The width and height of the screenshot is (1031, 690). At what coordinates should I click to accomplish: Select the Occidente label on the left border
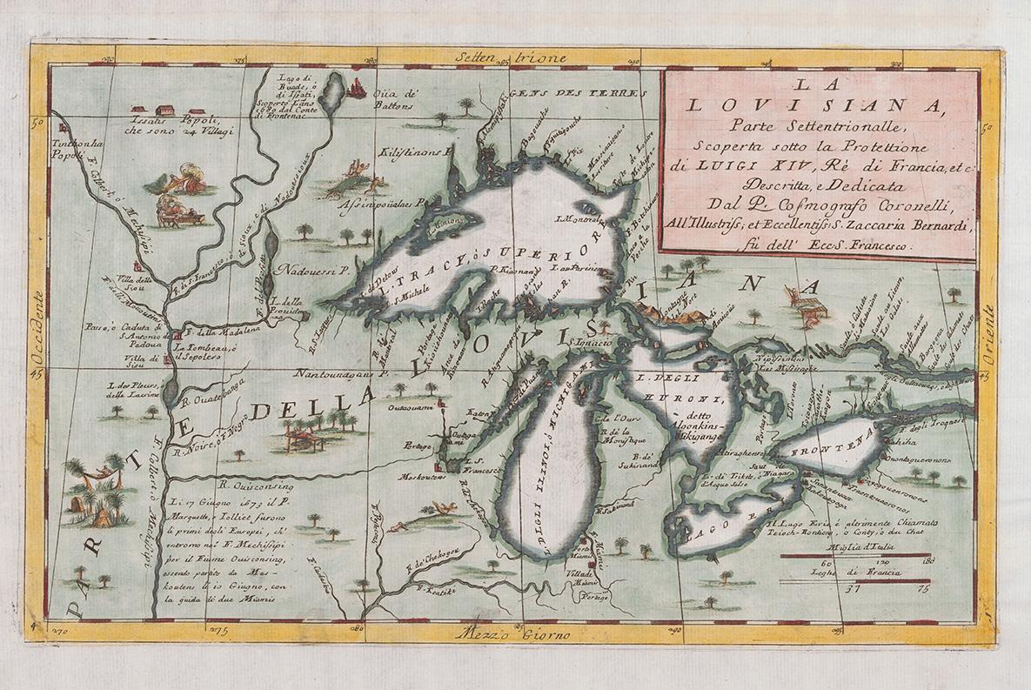coord(37,328)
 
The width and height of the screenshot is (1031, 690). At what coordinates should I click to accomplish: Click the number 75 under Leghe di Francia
coord(923,589)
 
